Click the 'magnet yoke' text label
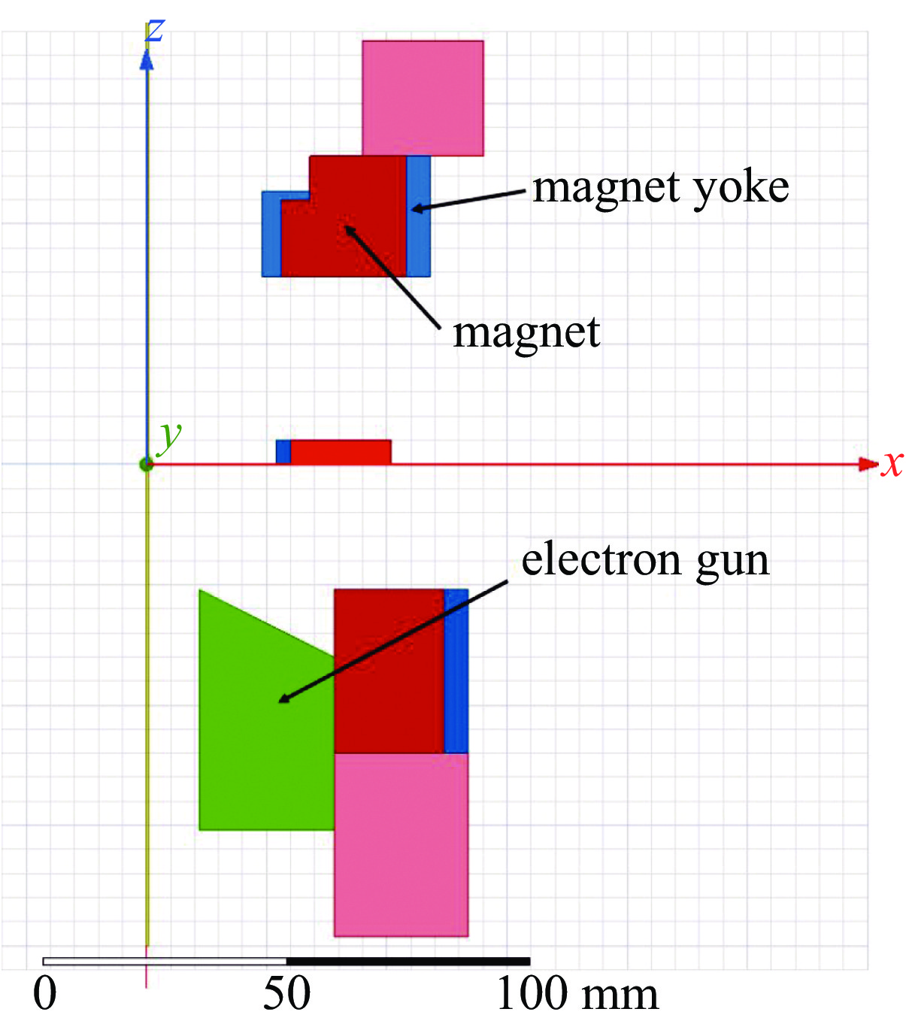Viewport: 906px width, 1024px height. [660, 188]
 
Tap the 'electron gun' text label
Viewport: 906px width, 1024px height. [645, 560]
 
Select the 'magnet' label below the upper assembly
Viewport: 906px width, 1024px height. [526, 332]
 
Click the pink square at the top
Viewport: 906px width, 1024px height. [423, 98]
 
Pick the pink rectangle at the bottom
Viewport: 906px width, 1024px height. [401, 844]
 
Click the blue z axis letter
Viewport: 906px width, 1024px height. [154, 30]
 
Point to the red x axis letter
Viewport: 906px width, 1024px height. [892, 463]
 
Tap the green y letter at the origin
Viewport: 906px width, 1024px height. [170, 435]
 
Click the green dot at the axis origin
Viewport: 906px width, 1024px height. [147, 464]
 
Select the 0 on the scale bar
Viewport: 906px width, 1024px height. [45, 994]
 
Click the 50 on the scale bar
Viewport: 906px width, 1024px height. [286, 994]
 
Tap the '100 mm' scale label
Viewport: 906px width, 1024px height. [577, 994]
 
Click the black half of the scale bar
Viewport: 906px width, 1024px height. [408, 961]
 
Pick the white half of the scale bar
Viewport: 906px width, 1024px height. [165, 961]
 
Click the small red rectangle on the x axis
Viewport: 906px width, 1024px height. [341, 452]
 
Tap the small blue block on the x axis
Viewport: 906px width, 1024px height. [283, 452]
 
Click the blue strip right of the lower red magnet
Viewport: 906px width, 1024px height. [456, 671]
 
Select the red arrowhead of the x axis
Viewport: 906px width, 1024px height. [868, 464]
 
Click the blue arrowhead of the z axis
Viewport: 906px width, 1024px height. [147, 60]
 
